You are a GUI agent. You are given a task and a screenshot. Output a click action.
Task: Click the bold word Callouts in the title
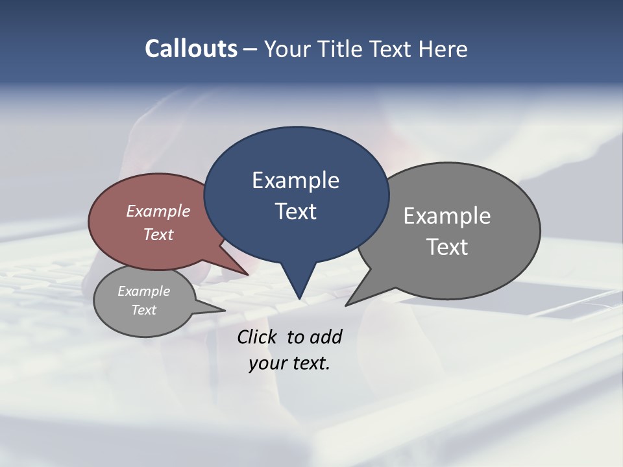pyautogui.click(x=191, y=49)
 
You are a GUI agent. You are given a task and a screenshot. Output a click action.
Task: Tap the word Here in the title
pyautogui.click(x=443, y=49)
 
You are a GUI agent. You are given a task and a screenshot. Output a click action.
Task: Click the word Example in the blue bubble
pyautogui.click(x=295, y=180)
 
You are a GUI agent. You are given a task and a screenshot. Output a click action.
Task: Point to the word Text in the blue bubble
pyautogui.click(x=296, y=211)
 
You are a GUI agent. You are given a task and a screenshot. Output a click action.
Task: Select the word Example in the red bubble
pyautogui.click(x=158, y=211)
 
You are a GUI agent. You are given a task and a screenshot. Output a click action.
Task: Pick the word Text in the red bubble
pyautogui.click(x=158, y=234)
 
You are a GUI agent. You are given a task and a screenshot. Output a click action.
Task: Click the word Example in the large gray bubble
pyautogui.click(x=447, y=215)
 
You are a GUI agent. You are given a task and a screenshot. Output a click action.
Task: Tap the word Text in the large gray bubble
pyautogui.click(x=447, y=246)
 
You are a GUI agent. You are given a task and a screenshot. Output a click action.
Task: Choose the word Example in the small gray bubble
pyautogui.click(x=143, y=291)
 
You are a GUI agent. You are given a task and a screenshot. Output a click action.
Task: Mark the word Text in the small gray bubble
pyautogui.click(x=143, y=310)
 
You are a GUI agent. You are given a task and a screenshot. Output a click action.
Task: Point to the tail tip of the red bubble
pyautogui.click(x=249, y=275)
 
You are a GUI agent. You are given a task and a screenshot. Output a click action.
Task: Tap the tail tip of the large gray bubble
pyautogui.click(x=346, y=305)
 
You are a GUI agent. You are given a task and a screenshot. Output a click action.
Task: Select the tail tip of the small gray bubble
pyautogui.click(x=225, y=311)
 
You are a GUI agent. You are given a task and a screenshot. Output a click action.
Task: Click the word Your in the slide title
pyautogui.click(x=287, y=49)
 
